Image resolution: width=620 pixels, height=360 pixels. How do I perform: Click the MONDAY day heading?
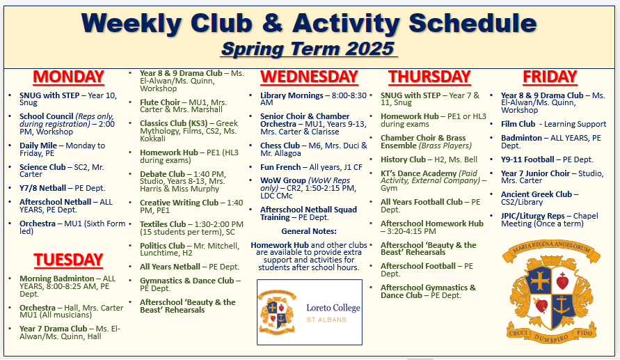pyautogui.click(x=68, y=77)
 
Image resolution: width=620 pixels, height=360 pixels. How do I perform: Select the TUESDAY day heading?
pyautogui.click(x=68, y=260)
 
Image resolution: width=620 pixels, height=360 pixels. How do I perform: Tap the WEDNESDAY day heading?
pyautogui.click(x=309, y=77)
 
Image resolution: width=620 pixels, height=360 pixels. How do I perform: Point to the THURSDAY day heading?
pyautogui.click(x=429, y=77)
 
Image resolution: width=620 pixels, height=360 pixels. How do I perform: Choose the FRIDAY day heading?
pyautogui.click(x=550, y=77)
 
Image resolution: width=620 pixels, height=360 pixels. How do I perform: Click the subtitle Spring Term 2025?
pyautogui.click(x=308, y=49)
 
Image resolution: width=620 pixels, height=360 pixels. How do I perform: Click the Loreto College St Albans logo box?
pyautogui.click(x=310, y=312)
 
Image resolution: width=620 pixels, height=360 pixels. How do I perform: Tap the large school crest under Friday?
pyautogui.click(x=551, y=291)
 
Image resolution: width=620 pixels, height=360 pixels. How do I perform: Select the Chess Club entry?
pyautogui.click(x=314, y=150)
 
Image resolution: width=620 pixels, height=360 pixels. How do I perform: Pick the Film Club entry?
pyautogui.click(x=554, y=124)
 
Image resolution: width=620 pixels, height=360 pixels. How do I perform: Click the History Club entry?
pyautogui.click(x=429, y=159)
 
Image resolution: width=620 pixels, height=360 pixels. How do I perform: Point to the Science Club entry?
pyautogui.click(x=62, y=171)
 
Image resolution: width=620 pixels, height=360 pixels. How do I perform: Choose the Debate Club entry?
pyautogui.click(x=183, y=181)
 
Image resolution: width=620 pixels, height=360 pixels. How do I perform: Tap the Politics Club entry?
pyautogui.click(x=189, y=249)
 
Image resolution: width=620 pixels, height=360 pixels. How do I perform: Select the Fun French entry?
pyautogui.click(x=311, y=167)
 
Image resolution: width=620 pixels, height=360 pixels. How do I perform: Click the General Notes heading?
pyautogui.click(x=309, y=231)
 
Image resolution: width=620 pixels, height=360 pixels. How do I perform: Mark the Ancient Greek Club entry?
pyautogui.click(x=540, y=198)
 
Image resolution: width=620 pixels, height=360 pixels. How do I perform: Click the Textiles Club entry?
pyautogui.click(x=192, y=228)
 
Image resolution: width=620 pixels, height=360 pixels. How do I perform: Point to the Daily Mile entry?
pyautogui.click(x=62, y=149)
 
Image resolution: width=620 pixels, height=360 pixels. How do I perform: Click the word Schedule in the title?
pyautogui.click(x=472, y=23)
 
